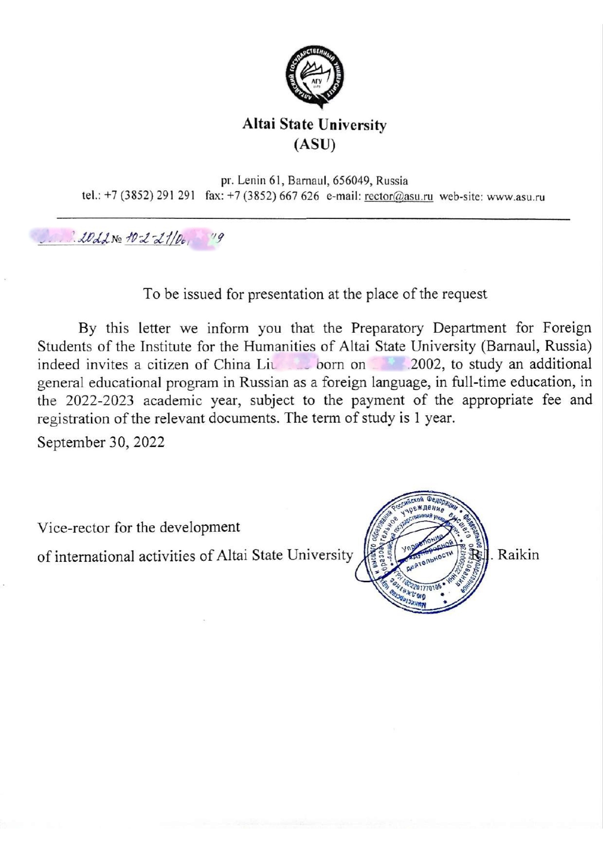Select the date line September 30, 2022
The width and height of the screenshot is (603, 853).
pos(101,442)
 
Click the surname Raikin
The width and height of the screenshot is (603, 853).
pos(518,555)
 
